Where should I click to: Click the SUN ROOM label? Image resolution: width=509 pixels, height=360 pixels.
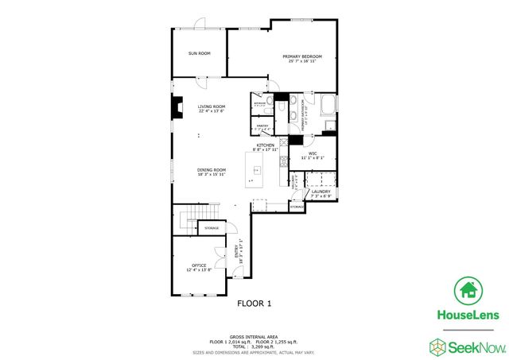pyautogui.click(x=199, y=53)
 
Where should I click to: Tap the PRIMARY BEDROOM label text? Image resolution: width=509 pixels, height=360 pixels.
pyautogui.click(x=302, y=56)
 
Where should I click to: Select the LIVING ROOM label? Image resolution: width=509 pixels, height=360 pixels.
pyautogui.click(x=212, y=106)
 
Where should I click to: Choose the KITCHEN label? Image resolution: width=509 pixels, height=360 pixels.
pyautogui.click(x=265, y=145)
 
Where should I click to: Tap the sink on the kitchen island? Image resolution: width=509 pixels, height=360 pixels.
pyautogui.click(x=258, y=168)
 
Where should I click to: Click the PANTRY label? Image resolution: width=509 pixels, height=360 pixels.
pyautogui.click(x=262, y=126)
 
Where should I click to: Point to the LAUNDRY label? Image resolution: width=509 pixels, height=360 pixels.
pyautogui.click(x=321, y=192)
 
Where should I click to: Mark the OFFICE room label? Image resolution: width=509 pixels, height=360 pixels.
pyautogui.click(x=199, y=265)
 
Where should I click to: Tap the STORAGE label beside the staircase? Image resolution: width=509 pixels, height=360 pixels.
pyautogui.click(x=212, y=228)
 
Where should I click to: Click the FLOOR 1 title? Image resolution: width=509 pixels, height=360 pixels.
pyautogui.click(x=254, y=303)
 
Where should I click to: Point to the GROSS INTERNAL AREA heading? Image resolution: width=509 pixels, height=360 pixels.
pyautogui.click(x=254, y=336)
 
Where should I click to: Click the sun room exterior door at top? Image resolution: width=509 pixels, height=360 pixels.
pyautogui.click(x=202, y=24)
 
